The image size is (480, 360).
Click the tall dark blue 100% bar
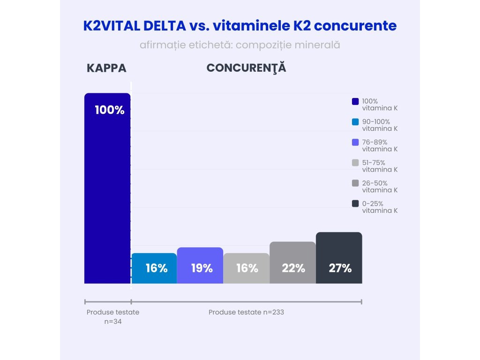[x=107, y=197]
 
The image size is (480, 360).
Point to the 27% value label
[x=340, y=268]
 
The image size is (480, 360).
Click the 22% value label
[x=293, y=268]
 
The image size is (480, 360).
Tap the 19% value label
[x=202, y=268]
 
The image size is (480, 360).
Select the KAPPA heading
[x=106, y=68]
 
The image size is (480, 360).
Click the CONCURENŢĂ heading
[x=246, y=68]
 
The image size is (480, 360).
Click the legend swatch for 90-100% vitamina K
[x=355, y=122]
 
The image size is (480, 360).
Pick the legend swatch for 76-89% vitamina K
[x=355, y=142]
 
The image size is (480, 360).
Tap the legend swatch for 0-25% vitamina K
[x=355, y=203]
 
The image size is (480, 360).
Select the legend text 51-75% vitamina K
[x=380, y=166]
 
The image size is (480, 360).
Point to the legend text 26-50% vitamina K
[x=380, y=187]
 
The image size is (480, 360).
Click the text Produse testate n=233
[x=246, y=312]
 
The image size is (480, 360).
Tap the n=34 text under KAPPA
[x=113, y=322]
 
